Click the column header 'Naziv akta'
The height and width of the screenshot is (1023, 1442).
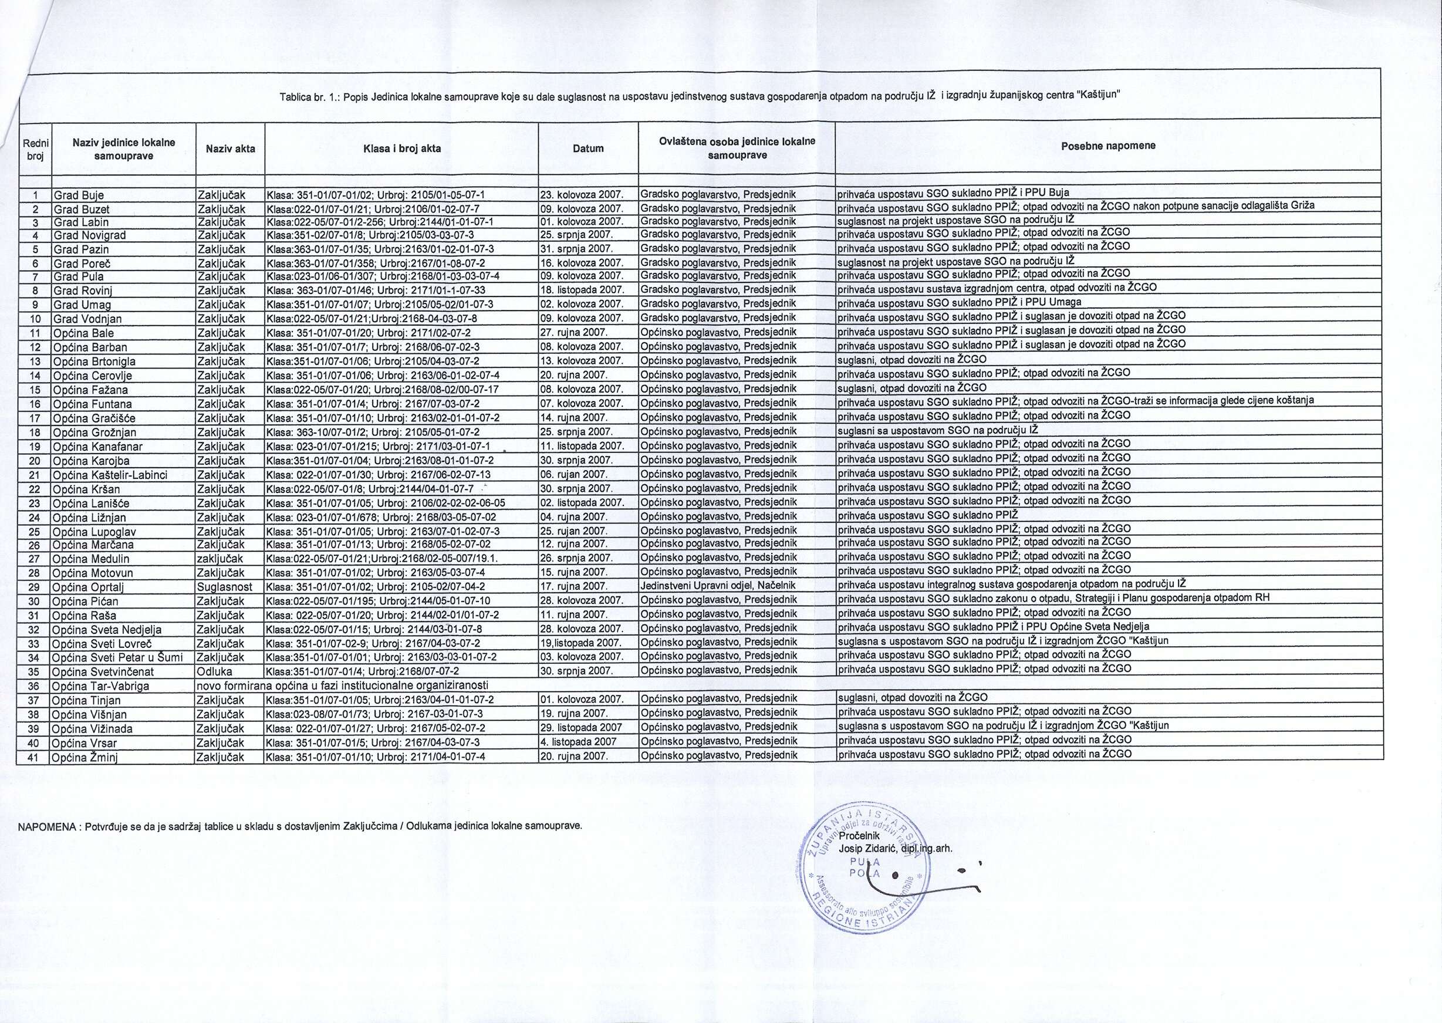point(230,148)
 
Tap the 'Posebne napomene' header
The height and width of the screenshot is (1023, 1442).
point(1108,146)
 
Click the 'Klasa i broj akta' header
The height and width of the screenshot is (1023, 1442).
point(401,148)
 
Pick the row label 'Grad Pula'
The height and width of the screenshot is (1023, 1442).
point(79,276)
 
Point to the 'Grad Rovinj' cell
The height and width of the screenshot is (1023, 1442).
point(83,291)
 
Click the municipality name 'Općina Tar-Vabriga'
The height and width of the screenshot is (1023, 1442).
point(101,686)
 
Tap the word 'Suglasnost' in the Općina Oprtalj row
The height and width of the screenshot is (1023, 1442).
point(224,586)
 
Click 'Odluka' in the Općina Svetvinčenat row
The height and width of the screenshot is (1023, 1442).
point(215,671)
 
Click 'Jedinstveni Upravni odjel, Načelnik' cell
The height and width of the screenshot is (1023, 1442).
point(718,585)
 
